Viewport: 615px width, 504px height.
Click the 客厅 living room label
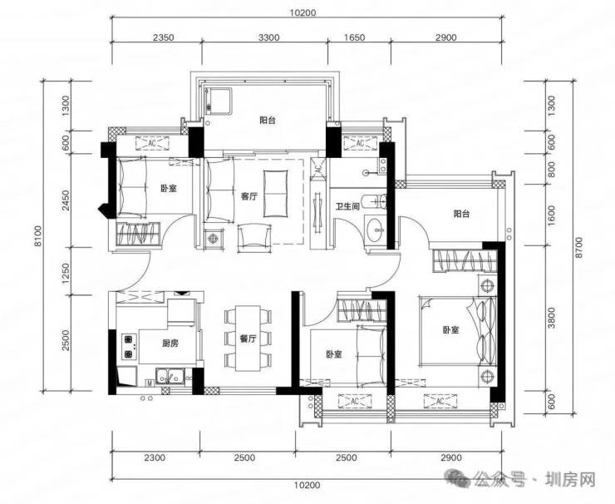point(249,196)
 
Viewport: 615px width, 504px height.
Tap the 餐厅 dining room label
point(248,338)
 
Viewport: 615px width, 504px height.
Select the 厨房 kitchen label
point(170,343)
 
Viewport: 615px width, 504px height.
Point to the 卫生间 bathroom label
point(347,205)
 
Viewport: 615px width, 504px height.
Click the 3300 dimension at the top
point(269,37)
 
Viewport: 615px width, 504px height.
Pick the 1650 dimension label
point(354,37)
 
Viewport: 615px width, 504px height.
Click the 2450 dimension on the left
point(66,200)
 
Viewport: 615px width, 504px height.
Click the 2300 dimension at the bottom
point(155,457)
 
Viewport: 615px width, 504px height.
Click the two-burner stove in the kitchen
point(129,347)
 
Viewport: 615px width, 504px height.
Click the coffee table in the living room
point(276,193)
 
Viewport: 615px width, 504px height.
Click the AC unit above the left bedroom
point(152,143)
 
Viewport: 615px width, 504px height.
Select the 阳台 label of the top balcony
point(268,121)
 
